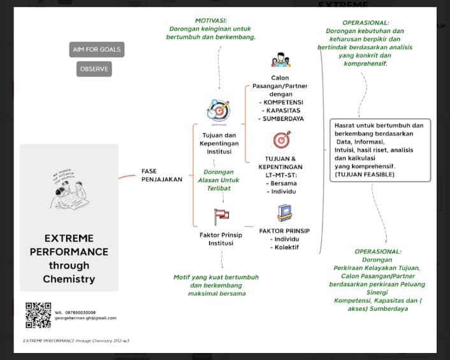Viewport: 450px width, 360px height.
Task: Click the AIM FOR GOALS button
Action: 97,50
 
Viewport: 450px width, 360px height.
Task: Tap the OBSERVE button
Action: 94,69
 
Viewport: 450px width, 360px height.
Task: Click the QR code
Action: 38,315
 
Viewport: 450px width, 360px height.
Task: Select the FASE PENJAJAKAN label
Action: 161,175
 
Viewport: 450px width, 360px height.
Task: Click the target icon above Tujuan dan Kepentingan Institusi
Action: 219,110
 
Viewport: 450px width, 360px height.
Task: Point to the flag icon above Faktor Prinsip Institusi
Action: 221,214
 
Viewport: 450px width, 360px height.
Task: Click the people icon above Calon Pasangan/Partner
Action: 280,60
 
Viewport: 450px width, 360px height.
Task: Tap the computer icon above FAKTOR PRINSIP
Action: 284,213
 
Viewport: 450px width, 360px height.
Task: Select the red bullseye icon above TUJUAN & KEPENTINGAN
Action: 282,139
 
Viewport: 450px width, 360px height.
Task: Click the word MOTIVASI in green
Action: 212,20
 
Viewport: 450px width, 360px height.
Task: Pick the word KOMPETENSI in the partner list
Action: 283,102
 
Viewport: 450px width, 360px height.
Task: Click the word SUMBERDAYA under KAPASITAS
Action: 283,119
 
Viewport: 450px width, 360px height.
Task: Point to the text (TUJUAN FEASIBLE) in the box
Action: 364,174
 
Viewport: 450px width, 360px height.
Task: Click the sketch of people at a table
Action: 69,190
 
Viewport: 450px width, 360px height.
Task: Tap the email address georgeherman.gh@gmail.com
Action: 85,317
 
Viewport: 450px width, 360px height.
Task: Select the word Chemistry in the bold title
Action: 69,279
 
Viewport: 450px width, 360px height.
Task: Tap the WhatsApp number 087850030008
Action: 80,312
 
